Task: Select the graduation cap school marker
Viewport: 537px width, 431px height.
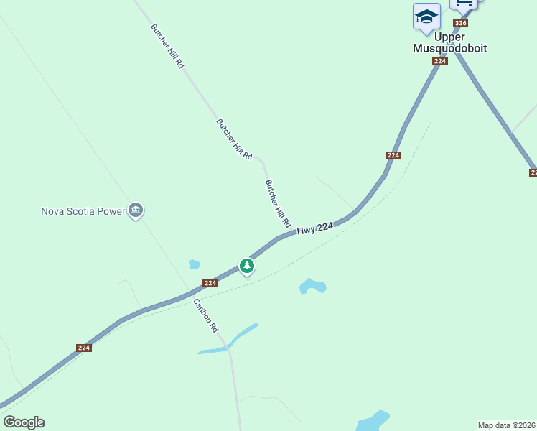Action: pyautogui.click(x=426, y=17)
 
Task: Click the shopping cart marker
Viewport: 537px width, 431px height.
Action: pyautogui.click(x=464, y=4)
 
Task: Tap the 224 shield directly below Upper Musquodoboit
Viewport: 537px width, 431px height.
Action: pyautogui.click(x=440, y=62)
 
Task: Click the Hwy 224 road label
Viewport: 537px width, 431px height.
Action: pyautogui.click(x=315, y=228)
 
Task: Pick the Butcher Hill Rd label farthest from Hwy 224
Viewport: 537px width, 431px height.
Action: pyautogui.click(x=168, y=46)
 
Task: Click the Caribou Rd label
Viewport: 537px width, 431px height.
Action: pyautogui.click(x=205, y=316)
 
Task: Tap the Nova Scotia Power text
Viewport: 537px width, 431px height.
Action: pyautogui.click(x=83, y=211)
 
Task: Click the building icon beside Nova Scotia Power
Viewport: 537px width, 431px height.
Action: pyautogui.click(x=136, y=210)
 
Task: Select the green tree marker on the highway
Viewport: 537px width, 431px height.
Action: pyautogui.click(x=247, y=267)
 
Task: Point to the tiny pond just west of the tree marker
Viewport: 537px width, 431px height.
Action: pyautogui.click(x=194, y=264)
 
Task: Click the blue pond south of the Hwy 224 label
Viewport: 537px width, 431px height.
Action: pyautogui.click(x=313, y=286)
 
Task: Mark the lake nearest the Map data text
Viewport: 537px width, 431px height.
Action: pyautogui.click(x=372, y=420)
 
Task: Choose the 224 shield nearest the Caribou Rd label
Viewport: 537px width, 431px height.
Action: pyautogui.click(x=210, y=283)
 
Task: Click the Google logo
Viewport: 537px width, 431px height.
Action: pyautogui.click(x=24, y=422)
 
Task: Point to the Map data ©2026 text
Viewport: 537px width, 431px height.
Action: pyautogui.click(x=506, y=425)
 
